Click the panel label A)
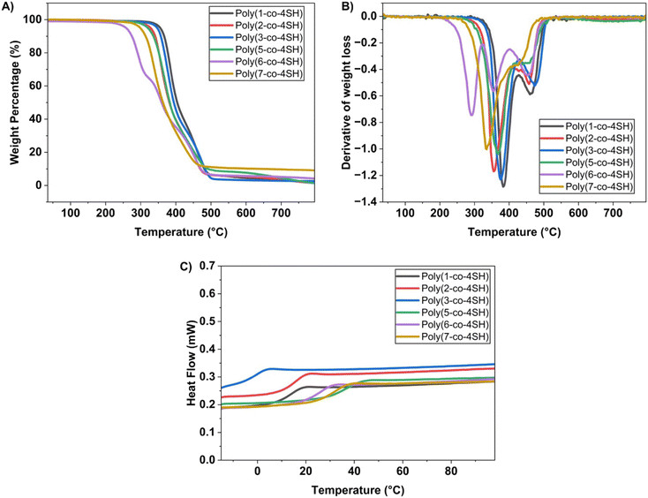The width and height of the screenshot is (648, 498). point(11,8)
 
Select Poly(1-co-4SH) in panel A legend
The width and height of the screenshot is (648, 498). point(269,15)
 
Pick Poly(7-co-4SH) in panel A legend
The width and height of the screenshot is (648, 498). point(269,74)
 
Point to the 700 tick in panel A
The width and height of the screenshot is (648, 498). point(281,213)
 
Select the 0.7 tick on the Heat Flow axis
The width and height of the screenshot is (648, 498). point(209,265)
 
